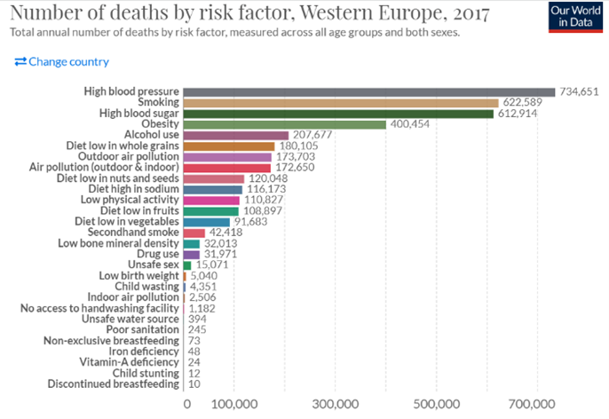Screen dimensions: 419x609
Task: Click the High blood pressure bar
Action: tap(368, 91)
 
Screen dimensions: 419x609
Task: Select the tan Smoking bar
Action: tap(340, 102)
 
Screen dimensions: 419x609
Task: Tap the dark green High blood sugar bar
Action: tap(337, 114)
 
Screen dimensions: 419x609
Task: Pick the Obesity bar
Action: tap(284, 124)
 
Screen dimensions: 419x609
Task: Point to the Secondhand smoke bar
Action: tap(194, 233)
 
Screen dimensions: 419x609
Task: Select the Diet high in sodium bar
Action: tap(212, 189)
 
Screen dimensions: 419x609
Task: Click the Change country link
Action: tap(62, 62)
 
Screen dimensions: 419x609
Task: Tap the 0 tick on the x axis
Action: tap(186, 404)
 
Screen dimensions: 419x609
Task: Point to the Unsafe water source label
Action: tap(130, 319)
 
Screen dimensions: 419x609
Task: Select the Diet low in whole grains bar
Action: tap(229, 146)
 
